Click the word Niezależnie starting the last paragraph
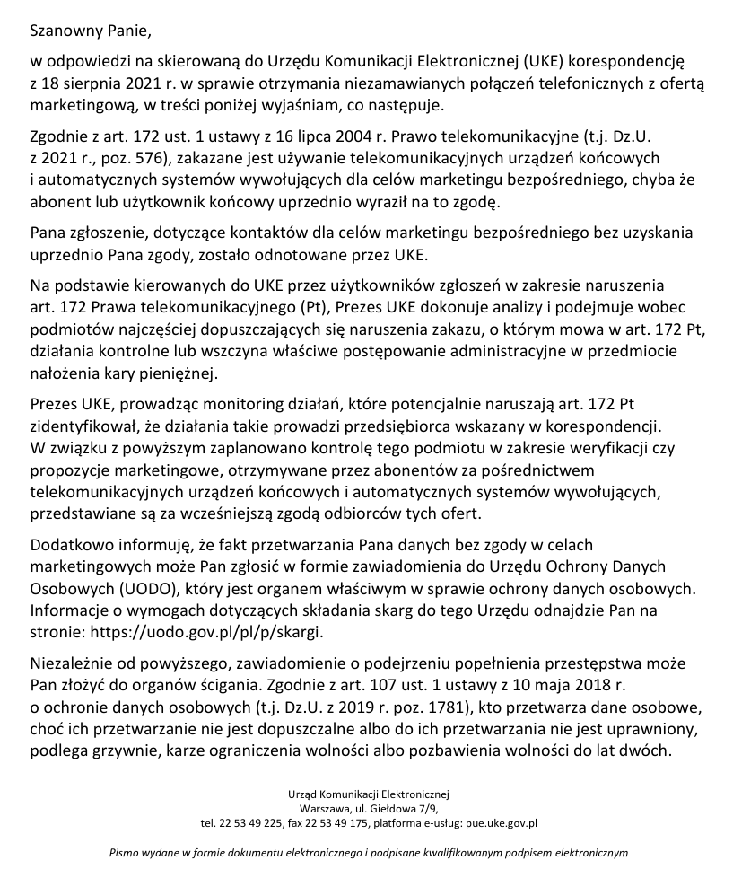(70, 665)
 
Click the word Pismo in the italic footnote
(124, 852)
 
